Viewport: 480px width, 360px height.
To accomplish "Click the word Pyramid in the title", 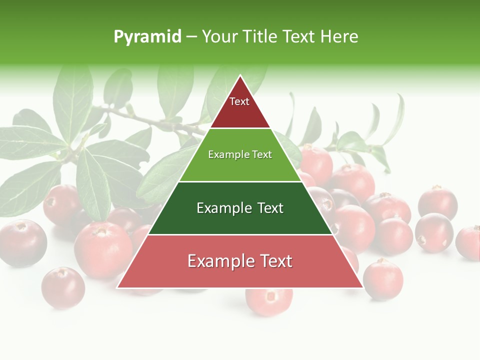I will coord(147,37).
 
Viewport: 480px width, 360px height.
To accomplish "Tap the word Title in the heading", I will coord(261,36).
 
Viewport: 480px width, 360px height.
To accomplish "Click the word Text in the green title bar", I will coord(299,36).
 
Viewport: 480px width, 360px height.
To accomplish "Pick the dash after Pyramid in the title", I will coord(191,37).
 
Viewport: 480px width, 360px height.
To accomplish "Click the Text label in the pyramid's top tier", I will coord(239,101).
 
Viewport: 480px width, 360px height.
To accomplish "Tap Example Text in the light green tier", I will coord(240,154).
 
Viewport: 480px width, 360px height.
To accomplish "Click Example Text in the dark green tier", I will coord(240,208).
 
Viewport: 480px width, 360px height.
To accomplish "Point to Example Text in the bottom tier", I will coord(240,261).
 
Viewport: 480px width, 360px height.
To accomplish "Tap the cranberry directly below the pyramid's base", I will coord(269,300).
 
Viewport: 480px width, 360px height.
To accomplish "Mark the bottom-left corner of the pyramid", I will coord(118,287).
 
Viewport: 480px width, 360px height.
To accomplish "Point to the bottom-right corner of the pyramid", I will coord(362,287).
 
